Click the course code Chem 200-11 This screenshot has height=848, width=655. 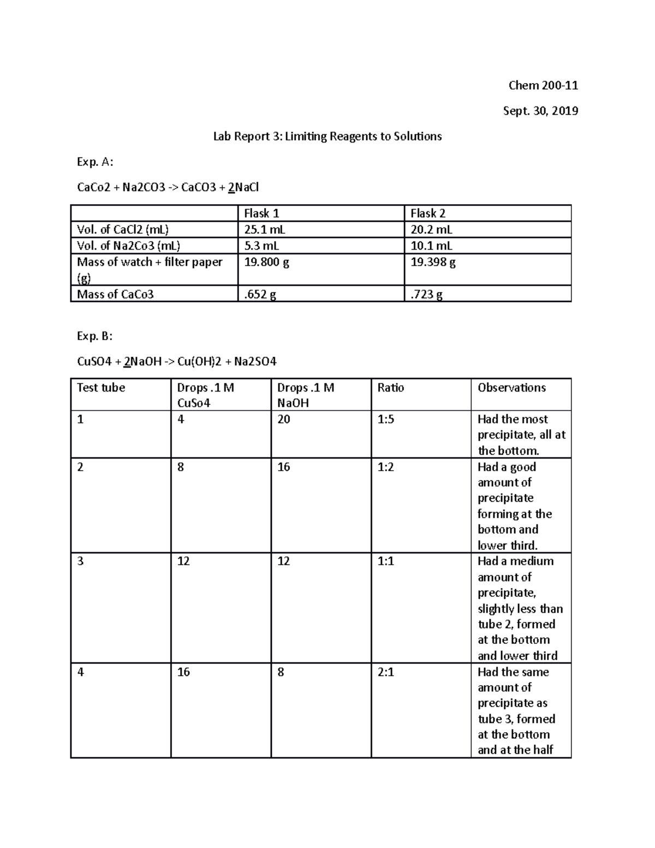pos(543,86)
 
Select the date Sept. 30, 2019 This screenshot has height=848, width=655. pos(540,111)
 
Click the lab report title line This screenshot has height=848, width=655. pos(327,137)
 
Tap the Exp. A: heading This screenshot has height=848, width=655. pos(95,162)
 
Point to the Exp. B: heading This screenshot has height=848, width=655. pos(95,336)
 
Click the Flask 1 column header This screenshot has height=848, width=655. pos(261,214)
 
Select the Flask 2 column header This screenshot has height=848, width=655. pos(428,214)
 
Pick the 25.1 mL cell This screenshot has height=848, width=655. pos(265,230)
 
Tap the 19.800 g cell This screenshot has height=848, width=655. pos(266,262)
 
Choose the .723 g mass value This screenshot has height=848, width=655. pos(426,294)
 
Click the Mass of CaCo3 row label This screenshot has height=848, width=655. pos(115,294)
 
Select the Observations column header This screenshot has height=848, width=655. pos(511,388)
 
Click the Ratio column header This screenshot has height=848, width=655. pos(390,388)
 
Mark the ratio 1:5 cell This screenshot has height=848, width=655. pos(386,419)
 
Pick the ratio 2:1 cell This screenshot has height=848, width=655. pos(386,672)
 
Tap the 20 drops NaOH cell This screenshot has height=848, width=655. pos(283,419)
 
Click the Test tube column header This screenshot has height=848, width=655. pos(101,388)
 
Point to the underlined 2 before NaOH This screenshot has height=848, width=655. pos(127,361)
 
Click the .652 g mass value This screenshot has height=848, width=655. pos(260,294)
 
